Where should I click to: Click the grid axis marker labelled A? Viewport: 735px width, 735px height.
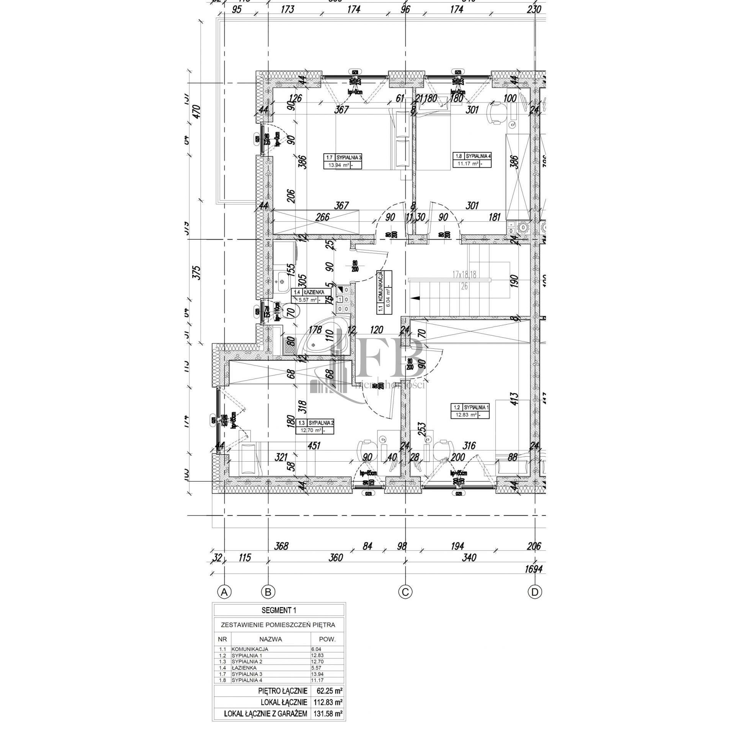click(x=224, y=592)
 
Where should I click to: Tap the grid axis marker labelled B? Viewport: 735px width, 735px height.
click(x=268, y=592)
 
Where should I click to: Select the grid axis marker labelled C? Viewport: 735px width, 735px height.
click(x=405, y=592)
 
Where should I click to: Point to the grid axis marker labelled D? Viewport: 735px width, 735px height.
click(x=535, y=592)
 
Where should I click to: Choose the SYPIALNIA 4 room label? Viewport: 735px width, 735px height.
click(x=472, y=156)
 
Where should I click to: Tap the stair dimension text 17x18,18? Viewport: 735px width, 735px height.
click(x=464, y=274)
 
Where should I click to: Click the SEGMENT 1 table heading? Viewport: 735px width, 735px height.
click(x=279, y=610)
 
